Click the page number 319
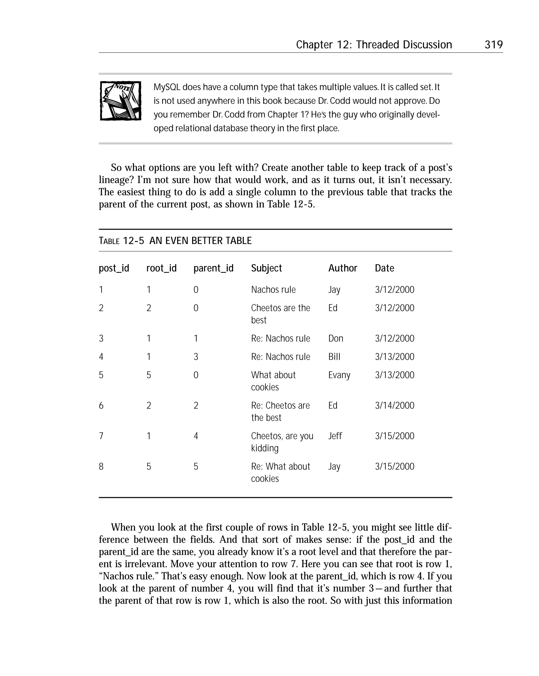point(493,45)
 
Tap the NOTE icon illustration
point(120,101)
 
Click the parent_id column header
point(213,268)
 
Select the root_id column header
point(161,268)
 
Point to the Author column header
point(342,268)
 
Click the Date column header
point(384,268)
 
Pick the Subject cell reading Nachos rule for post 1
point(273,289)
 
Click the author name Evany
point(339,375)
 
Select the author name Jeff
point(335,436)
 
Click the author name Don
point(335,338)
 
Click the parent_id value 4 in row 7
point(196,436)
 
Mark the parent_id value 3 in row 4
point(196,357)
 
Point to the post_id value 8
point(101,467)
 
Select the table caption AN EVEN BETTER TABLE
point(200,240)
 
